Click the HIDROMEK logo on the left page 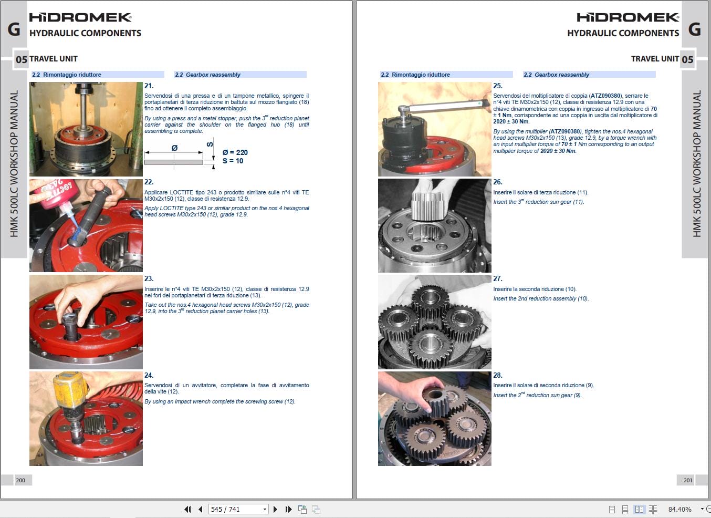coord(80,17)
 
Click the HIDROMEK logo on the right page coord(628,17)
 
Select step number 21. coord(149,86)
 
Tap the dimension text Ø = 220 coord(235,152)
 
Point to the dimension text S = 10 coord(233,161)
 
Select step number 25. coord(498,86)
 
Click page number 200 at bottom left coord(20,480)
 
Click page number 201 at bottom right coord(688,480)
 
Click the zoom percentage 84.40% coord(679,509)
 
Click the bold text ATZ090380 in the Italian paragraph coord(605,96)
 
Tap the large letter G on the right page coord(694,29)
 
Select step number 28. coord(498,375)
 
